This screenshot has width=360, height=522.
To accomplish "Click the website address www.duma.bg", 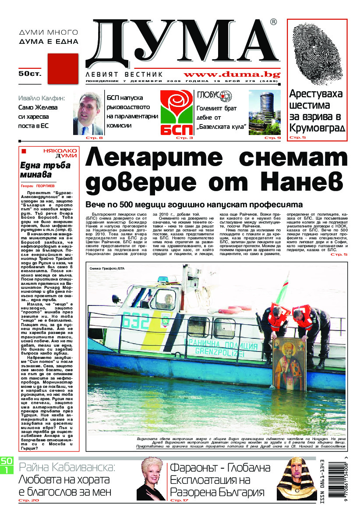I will coord(232,75).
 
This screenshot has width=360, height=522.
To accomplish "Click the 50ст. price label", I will coord(30,74).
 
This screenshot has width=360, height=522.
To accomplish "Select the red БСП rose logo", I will coord(176,113).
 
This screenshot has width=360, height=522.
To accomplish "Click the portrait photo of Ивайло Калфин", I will coord(91,114).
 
